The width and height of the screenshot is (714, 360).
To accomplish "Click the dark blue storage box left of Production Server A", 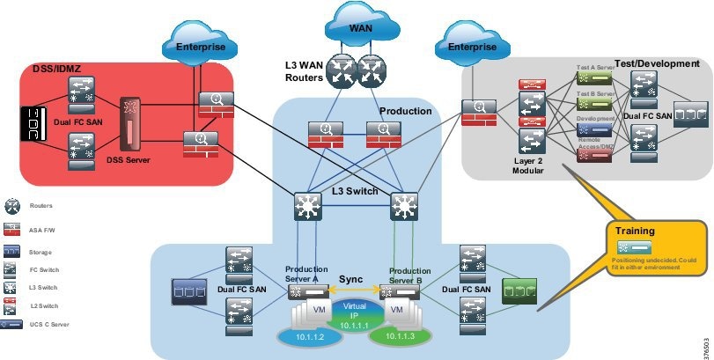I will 189,290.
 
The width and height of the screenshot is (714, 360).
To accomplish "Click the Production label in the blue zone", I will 405,112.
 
